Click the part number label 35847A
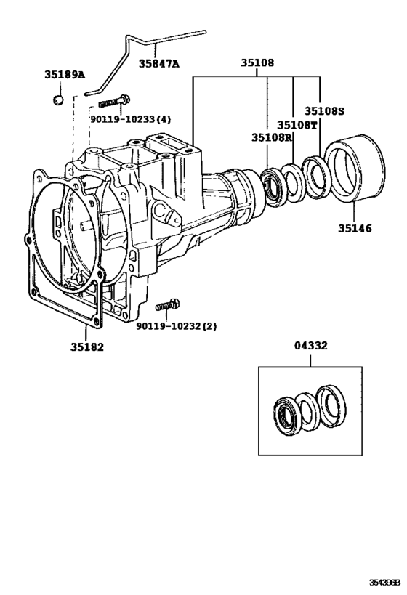[x=159, y=63]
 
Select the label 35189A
[x=64, y=75]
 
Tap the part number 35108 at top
[x=257, y=63]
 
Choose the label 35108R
[x=273, y=137]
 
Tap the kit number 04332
[x=310, y=347]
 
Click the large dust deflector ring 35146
[x=355, y=173]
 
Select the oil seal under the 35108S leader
[x=317, y=176]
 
